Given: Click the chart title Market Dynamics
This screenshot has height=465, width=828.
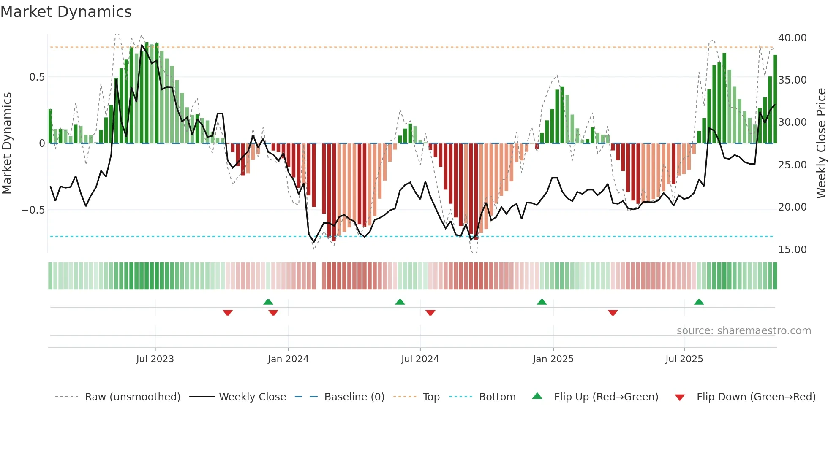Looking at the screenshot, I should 66,12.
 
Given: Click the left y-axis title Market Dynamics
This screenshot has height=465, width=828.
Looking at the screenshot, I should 7,143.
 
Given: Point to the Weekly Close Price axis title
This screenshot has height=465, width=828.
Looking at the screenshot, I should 821,143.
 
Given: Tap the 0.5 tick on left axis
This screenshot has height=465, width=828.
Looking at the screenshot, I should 37,77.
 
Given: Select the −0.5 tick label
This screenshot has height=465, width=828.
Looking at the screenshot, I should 33,210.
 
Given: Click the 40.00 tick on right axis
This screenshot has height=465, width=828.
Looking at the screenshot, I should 792,38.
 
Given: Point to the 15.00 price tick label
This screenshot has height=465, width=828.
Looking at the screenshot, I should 792,250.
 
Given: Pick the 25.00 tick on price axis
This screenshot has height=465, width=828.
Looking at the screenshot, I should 792,165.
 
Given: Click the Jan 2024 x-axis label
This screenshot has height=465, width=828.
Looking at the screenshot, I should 288,359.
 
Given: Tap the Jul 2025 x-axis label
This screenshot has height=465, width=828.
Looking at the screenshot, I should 684,359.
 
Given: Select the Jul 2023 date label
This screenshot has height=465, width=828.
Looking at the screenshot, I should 155,359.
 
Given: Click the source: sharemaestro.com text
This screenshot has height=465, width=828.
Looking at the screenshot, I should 744,331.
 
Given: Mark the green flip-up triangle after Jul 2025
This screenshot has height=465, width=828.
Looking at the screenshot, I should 699,302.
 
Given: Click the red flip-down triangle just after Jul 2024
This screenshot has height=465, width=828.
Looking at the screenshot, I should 430,313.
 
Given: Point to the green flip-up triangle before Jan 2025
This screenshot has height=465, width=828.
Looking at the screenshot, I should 542,302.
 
